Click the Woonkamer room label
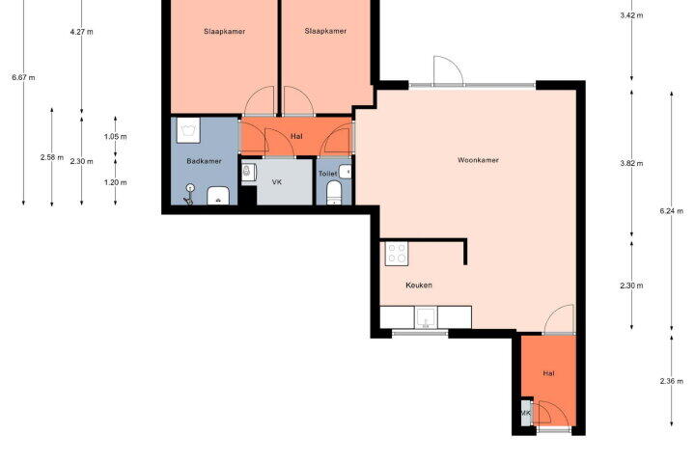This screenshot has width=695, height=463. [478, 160]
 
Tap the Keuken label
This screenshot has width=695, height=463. [419, 285]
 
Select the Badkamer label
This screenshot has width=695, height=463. [204, 161]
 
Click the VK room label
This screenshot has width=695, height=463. [277, 182]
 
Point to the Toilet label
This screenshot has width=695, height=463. [327, 174]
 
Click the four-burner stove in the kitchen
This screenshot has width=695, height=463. [397, 254]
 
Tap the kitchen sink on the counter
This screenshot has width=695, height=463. [426, 317]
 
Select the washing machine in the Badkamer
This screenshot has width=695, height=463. [188, 130]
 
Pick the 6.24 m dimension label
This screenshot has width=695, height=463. [671, 211]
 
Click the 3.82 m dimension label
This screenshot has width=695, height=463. [631, 163]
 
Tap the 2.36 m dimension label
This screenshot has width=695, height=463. [671, 381]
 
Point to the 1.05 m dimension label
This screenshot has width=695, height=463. [115, 136]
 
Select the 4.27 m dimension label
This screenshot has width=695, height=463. [81, 32]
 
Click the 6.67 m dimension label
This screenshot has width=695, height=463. [23, 77]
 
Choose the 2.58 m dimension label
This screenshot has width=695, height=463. [52, 157]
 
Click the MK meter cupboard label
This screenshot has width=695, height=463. [526, 413]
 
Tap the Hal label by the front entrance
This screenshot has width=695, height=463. [548, 373]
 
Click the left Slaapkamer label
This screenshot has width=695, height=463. [225, 32]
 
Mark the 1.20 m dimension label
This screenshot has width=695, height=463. [115, 182]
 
